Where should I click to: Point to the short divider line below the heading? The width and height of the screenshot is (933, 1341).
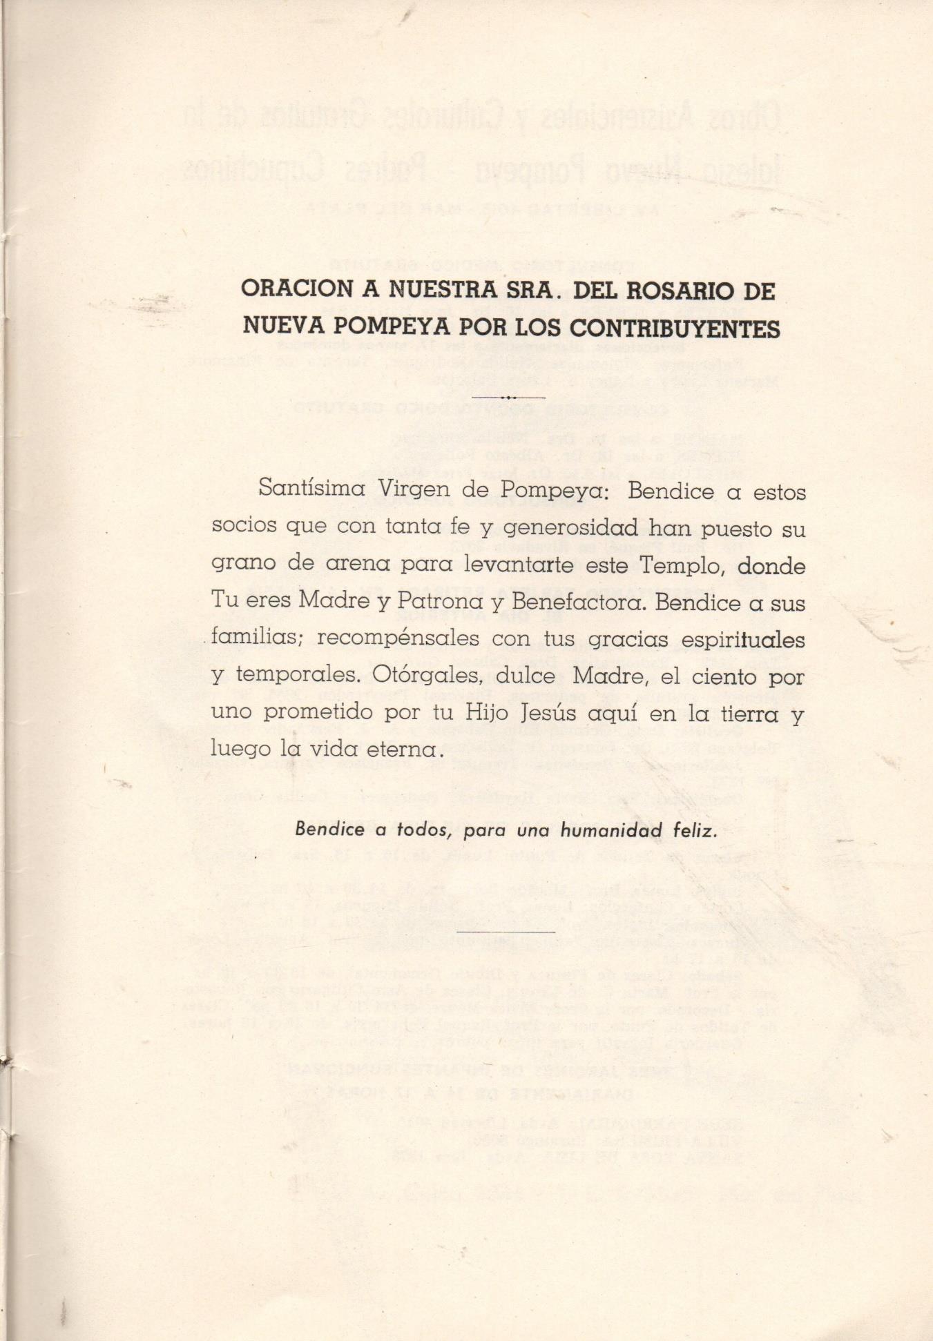pyautogui.click(x=508, y=398)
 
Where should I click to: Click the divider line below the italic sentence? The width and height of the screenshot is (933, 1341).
pyautogui.click(x=506, y=932)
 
